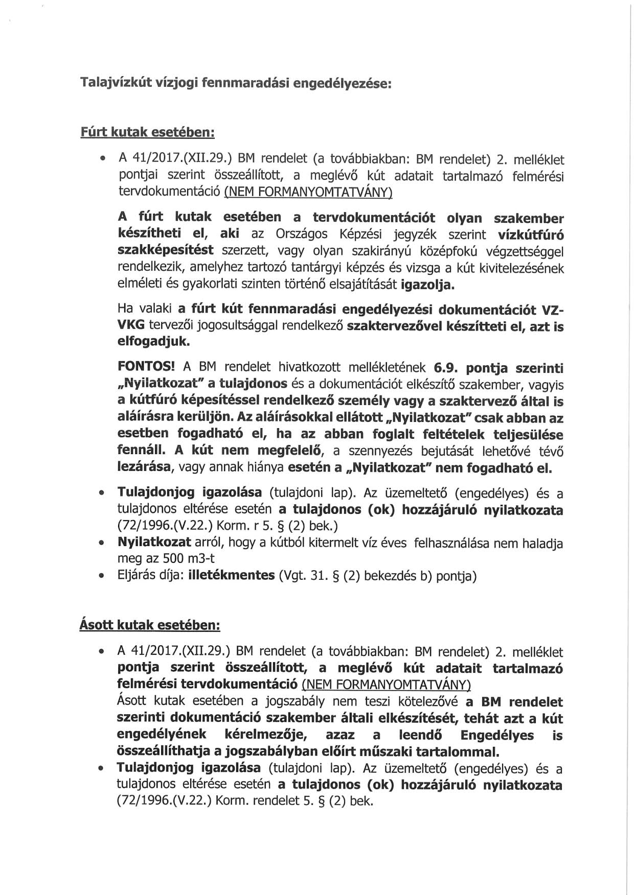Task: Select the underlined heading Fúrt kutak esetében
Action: point(147,132)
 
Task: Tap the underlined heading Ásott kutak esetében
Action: point(150,625)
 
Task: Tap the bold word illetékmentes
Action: point(232,576)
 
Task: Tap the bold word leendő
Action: point(422,735)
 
